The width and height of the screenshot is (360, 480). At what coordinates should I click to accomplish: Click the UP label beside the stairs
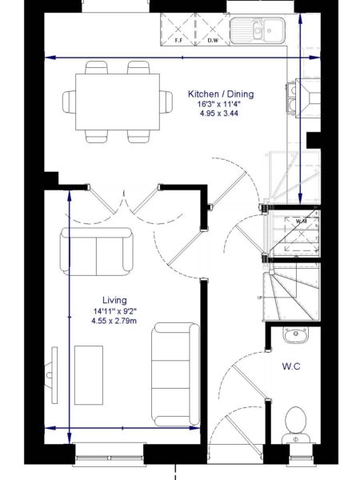pyautogui.click(x=258, y=298)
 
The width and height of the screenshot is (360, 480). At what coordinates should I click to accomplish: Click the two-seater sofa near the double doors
pyautogui.click(x=96, y=250)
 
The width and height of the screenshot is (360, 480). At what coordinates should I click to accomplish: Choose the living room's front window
pyautogui.click(x=108, y=457)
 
